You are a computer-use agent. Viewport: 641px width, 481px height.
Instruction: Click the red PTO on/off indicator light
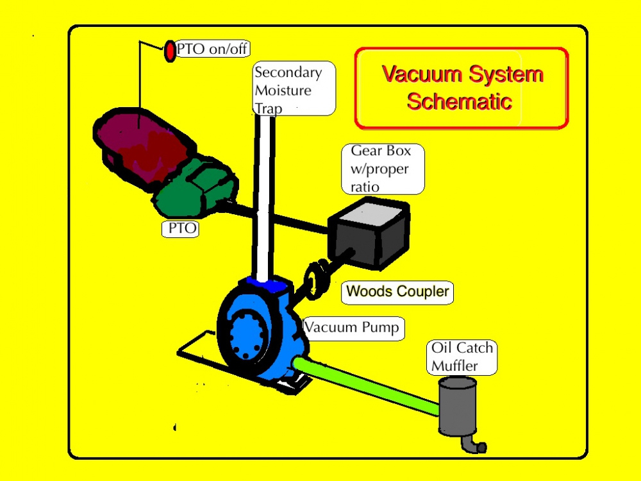click(170, 51)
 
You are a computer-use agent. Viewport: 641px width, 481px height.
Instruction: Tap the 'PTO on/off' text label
click(212, 49)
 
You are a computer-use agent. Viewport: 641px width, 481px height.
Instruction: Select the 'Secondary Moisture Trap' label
click(294, 89)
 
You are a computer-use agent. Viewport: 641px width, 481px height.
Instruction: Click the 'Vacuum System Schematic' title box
click(462, 88)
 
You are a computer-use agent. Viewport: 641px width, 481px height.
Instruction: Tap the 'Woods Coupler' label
click(397, 292)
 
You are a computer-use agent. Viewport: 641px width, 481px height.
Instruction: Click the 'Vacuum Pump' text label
click(351, 328)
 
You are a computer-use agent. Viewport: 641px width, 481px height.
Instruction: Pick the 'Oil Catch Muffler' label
click(462, 357)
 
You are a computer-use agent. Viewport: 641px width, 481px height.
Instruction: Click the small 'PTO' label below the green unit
click(181, 229)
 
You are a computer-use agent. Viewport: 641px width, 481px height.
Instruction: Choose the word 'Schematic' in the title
click(459, 101)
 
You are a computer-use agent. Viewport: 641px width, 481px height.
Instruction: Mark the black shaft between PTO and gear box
click(282, 217)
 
